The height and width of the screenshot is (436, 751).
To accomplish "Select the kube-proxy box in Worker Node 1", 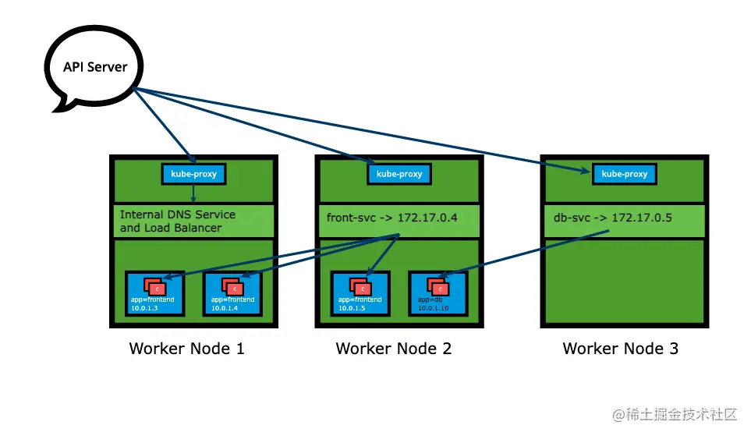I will click(193, 173).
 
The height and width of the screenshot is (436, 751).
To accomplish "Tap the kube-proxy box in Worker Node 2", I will click(399, 173).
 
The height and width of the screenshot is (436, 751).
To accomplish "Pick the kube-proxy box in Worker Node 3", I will click(624, 173).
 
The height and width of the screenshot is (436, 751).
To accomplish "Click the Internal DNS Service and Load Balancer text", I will click(177, 221).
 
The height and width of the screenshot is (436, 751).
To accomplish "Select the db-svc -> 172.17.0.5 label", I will click(607, 218).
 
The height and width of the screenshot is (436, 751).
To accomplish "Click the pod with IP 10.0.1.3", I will click(155, 294).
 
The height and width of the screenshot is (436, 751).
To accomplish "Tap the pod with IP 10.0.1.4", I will click(232, 294).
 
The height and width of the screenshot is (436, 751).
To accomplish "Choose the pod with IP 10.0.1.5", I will click(360, 294).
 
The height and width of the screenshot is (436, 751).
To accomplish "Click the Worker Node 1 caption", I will click(186, 349).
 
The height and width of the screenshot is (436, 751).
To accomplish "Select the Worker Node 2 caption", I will click(393, 349).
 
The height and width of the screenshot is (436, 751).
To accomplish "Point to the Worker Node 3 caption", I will click(620, 349).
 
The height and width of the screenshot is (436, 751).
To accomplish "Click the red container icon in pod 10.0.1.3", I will click(155, 287).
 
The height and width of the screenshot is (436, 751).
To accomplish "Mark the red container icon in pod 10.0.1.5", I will click(360, 287).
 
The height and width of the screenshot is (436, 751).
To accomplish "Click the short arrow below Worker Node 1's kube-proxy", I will click(193, 194).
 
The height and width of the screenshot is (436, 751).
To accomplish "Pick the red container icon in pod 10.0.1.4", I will click(232, 287).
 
